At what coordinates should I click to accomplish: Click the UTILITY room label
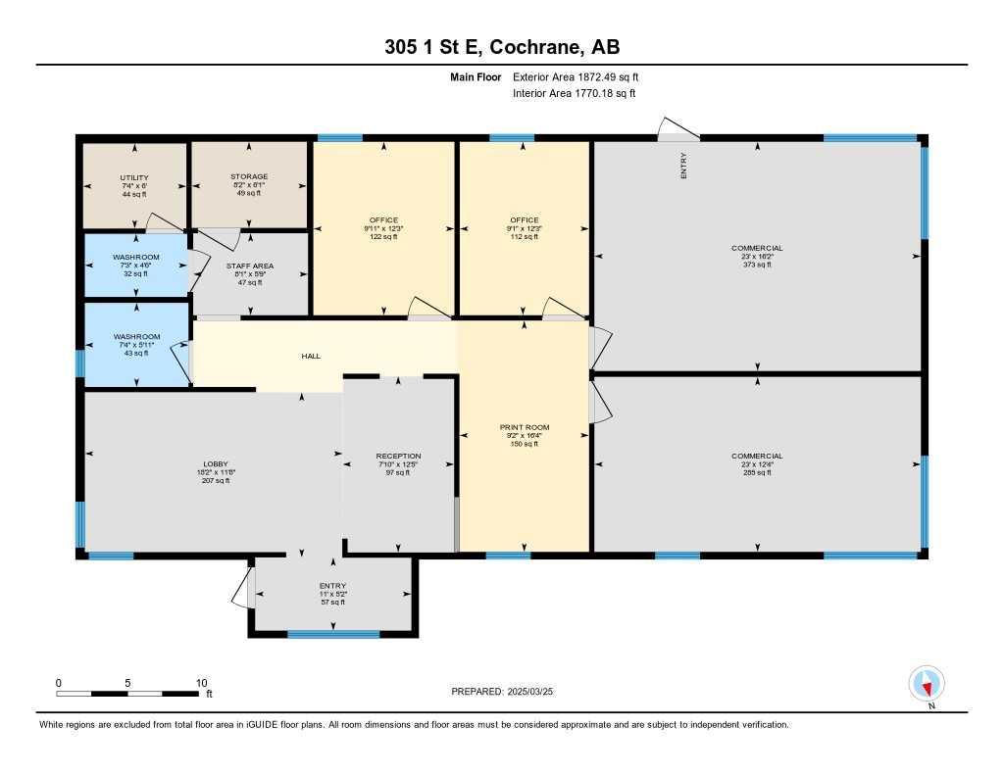point(133,177)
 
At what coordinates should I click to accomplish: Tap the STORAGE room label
point(249,177)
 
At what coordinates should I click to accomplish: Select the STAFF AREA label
point(249,266)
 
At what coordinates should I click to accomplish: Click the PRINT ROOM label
point(525,427)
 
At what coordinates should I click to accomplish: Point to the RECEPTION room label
point(398,456)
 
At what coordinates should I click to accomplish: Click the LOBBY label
point(215,463)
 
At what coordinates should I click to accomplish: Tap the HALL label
point(311,356)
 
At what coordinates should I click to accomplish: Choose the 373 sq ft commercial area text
point(757,265)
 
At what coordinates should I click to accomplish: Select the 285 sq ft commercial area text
point(757,472)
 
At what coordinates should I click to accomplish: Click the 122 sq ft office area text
point(383,237)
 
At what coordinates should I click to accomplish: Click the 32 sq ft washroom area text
point(135,273)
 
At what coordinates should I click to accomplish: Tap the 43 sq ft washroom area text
point(135,353)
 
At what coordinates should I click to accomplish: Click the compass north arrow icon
point(927,682)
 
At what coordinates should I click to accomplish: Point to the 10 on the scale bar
point(201,683)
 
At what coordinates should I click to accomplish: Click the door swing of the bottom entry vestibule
point(241,588)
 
